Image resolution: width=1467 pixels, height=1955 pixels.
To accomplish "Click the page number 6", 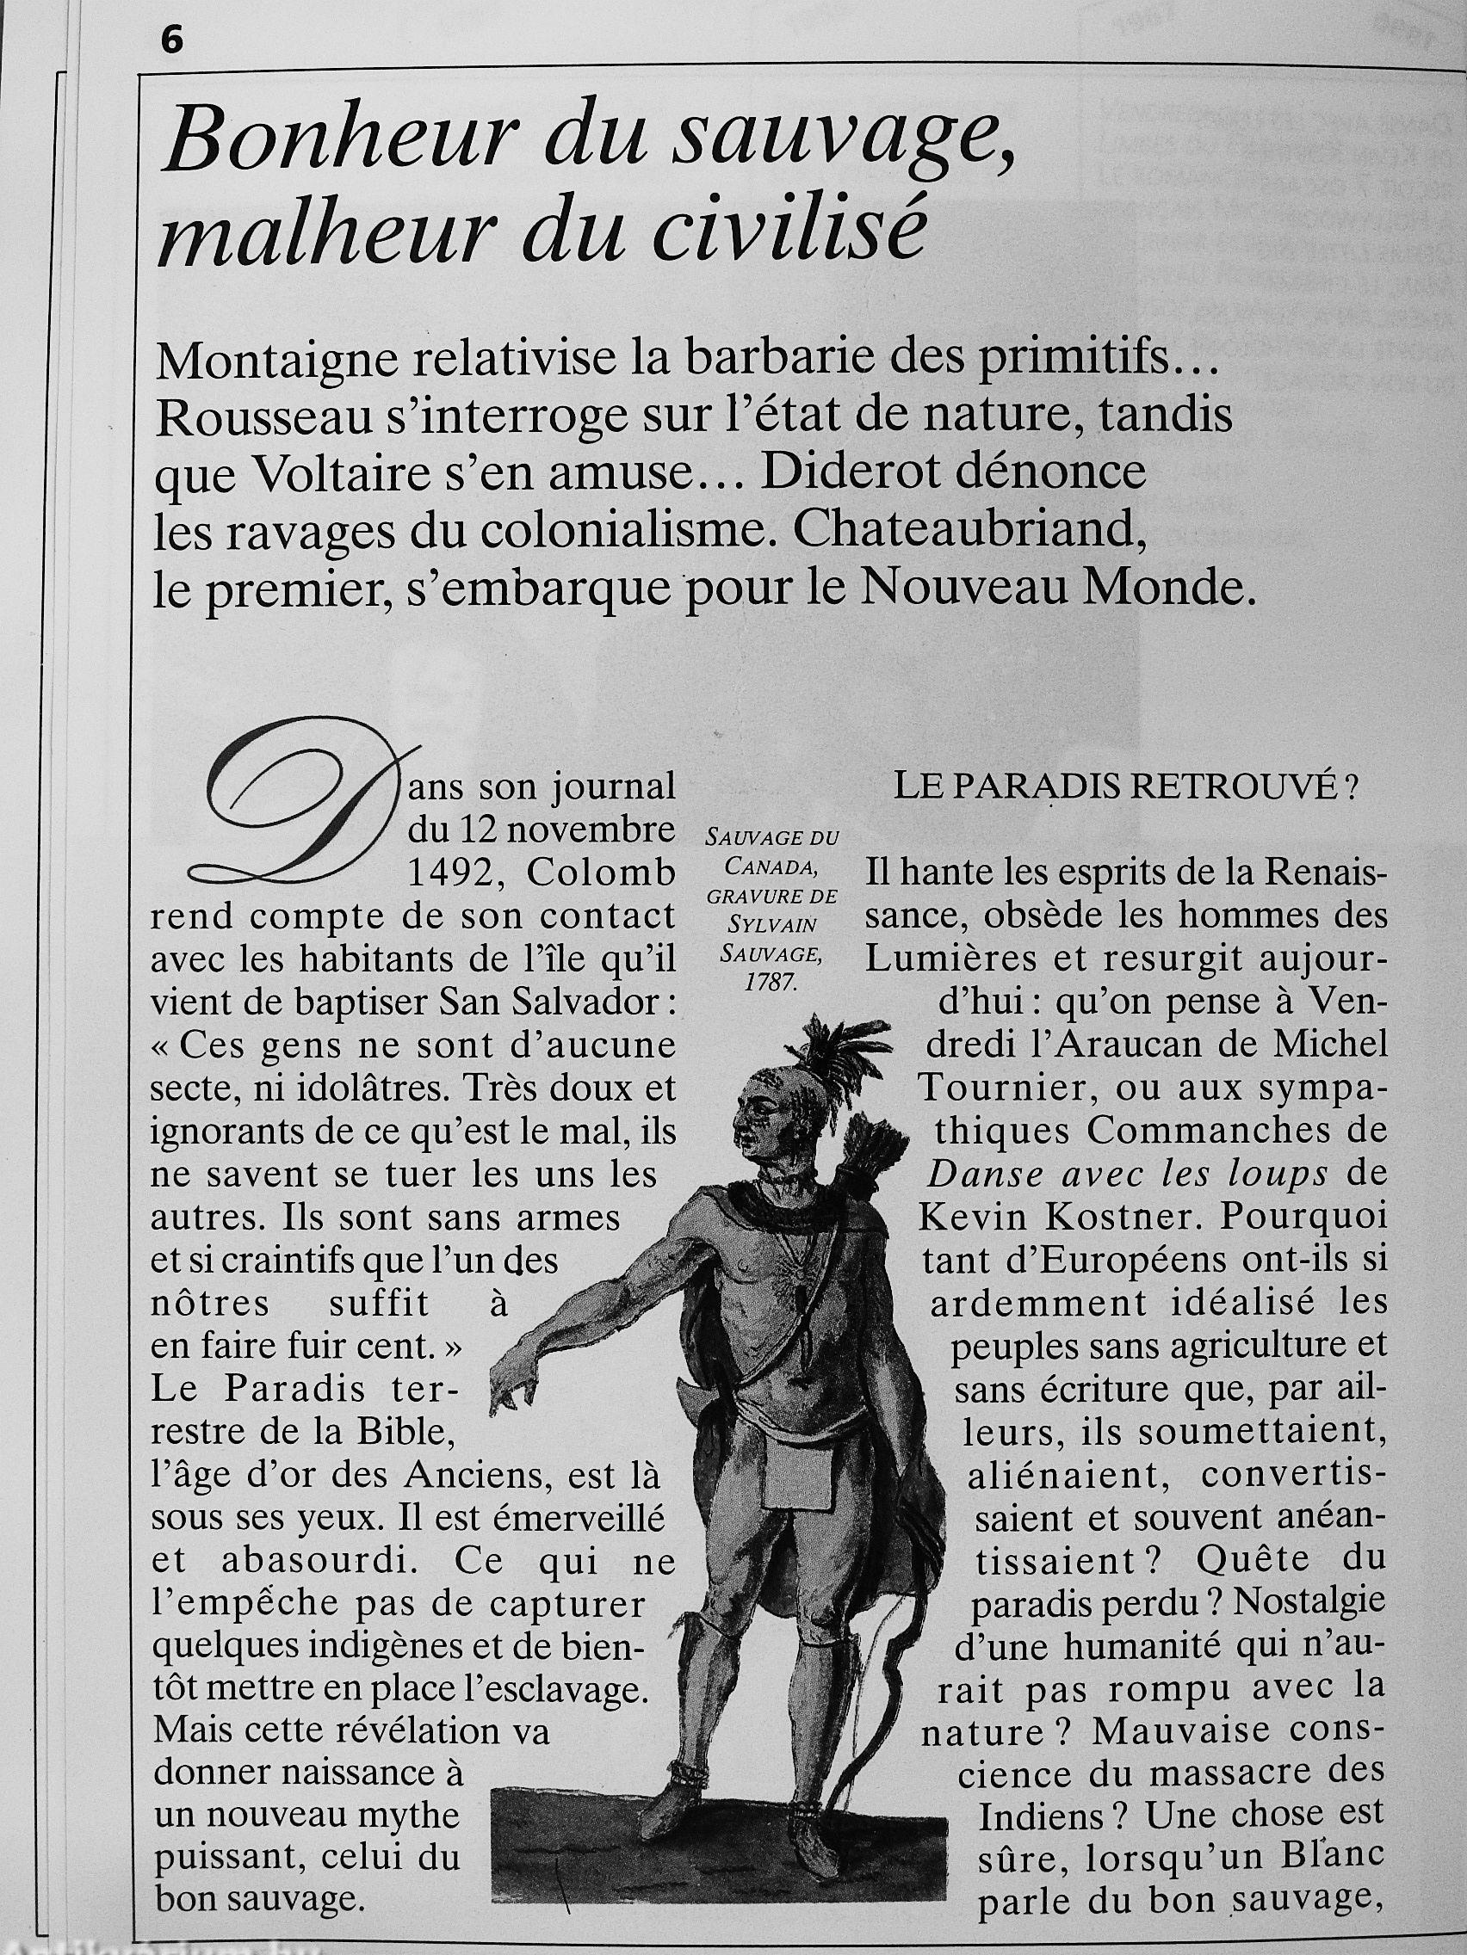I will point(170,40).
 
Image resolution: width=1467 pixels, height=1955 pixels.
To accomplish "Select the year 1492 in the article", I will point(455,873).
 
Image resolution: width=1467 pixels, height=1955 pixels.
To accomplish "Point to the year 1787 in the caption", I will point(771,984).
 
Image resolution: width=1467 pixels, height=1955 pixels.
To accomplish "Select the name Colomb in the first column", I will point(600,873).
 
